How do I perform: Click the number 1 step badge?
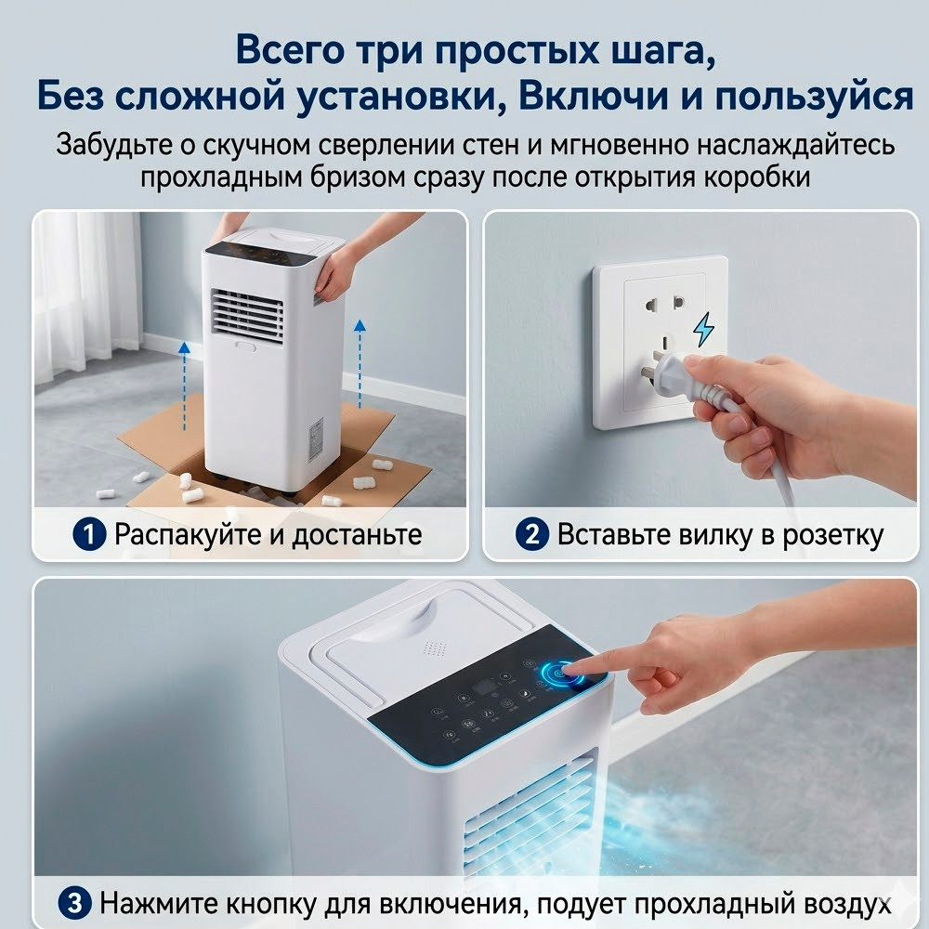[x=89, y=534]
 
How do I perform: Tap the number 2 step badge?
[x=532, y=534]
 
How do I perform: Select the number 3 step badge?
[x=74, y=904]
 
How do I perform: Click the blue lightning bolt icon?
[x=704, y=329]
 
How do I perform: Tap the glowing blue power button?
[x=560, y=674]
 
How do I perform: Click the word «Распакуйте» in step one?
[x=188, y=535]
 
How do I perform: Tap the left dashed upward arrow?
[x=184, y=386]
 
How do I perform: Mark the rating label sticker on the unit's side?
[x=316, y=439]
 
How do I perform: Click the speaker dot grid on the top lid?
[x=435, y=648]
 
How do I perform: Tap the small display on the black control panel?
[x=484, y=687]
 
